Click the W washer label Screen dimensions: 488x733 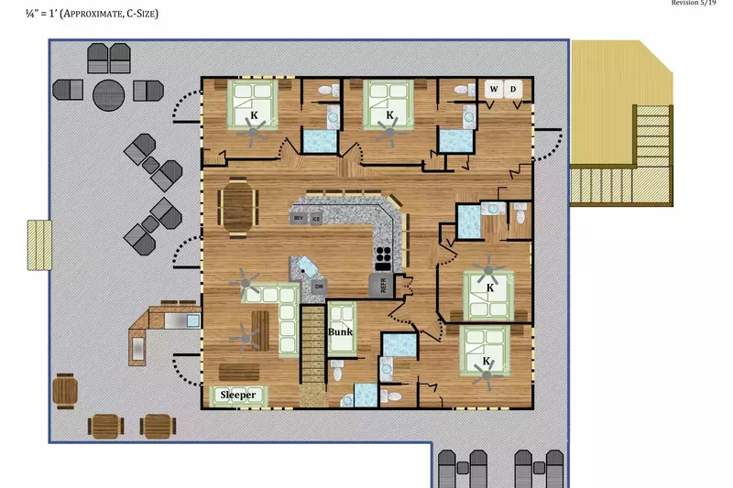(495, 89)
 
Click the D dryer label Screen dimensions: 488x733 (513, 89)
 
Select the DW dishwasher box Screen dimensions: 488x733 (318, 287)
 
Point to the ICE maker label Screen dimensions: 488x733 (316, 219)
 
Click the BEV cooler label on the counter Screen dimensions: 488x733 (298, 219)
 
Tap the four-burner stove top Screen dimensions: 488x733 (383, 256)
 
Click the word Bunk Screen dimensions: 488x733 (341, 332)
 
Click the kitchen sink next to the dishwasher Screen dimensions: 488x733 (304, 267)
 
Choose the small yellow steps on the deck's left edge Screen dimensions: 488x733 (38, 244)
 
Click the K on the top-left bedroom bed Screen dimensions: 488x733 (254, 116)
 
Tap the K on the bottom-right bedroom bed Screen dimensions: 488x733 (486, 362)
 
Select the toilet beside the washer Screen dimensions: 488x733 (469, 115)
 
